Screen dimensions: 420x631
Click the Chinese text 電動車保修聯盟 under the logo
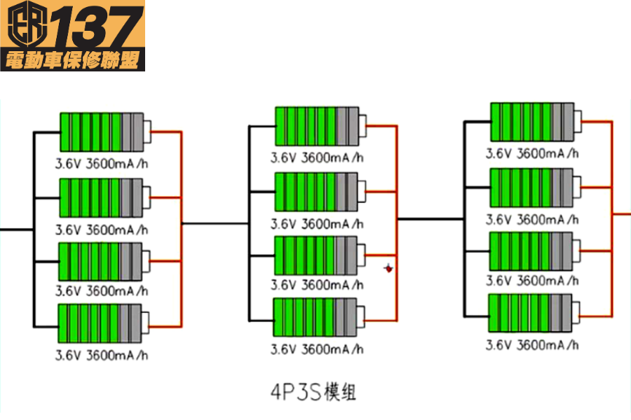point(72,60)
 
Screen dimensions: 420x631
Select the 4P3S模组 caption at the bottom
point(313,392)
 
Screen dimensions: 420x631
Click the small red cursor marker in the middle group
point(388,268)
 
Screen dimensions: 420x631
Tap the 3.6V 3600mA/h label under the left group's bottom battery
point(102,355)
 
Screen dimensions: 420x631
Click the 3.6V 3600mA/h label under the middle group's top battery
point(317,157)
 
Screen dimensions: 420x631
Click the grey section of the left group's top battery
point(132,131)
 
